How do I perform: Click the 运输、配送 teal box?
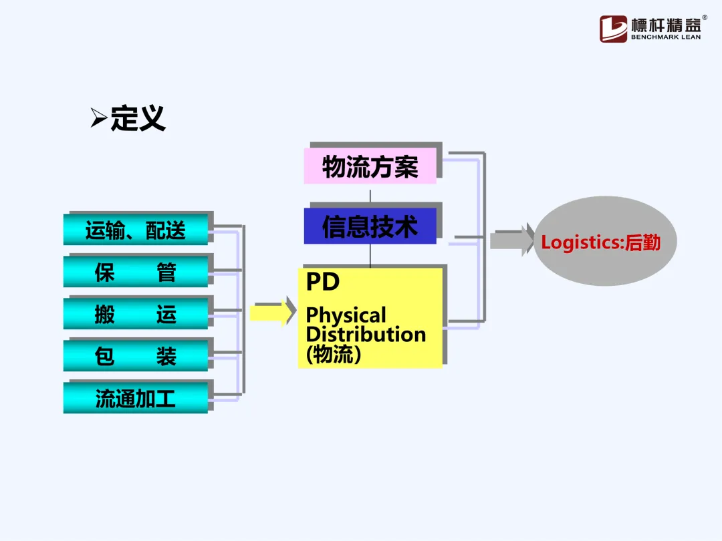pos(136,231)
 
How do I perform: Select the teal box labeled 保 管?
pos(136,273)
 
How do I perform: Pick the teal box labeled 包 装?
pos(136,356)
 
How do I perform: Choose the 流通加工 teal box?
pos(136,399)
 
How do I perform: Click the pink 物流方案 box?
pos(370,166)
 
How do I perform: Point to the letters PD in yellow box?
pos(323,282)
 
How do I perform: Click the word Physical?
pos(346,315)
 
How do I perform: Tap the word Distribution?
pos(366,334)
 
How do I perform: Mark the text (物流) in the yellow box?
pos(334,354)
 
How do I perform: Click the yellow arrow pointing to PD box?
pos(272,313)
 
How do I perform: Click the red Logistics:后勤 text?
pos(600,242)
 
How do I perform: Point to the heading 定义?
pos(138,119)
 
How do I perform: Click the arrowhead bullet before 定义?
pos(99,119)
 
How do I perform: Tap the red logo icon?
pos(613,29)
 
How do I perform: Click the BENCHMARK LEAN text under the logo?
pos(666,37)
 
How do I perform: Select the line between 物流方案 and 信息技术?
pos(370,195)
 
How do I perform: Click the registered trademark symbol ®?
pos(705,18)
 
